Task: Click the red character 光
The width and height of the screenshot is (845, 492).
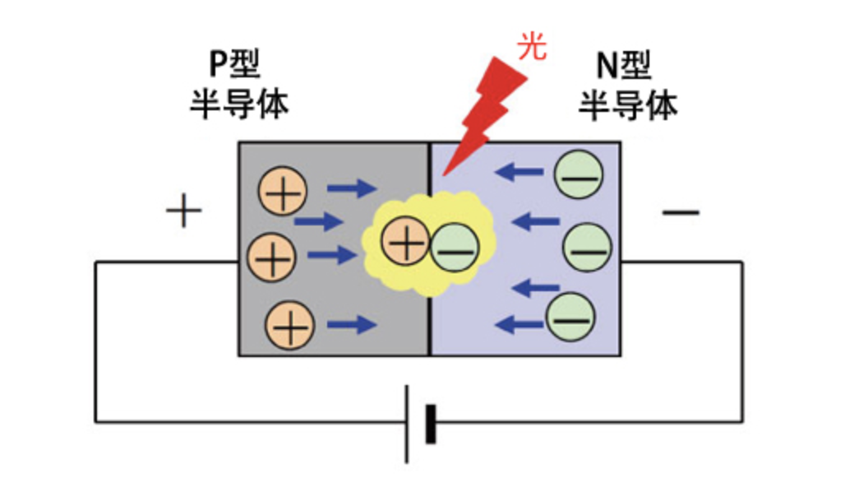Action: [532, 46]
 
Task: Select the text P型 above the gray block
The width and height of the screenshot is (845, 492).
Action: [234, 63]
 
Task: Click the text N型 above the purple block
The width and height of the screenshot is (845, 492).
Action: [624, 65]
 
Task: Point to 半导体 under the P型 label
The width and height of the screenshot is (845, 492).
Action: [239, 104]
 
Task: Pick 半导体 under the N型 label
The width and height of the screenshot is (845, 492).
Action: [628, 104]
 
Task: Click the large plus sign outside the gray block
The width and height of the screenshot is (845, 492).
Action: [184, 211]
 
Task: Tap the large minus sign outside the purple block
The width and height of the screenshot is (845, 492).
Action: [681, 212]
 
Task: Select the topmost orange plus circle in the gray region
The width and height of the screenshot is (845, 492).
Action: [283, 191]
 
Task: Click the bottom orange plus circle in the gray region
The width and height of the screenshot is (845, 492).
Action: [290, 325]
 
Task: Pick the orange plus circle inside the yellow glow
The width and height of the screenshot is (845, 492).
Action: [406, 240]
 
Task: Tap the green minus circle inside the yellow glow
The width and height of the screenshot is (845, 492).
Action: [455, 248]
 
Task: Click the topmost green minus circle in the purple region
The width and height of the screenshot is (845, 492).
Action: [579, 174]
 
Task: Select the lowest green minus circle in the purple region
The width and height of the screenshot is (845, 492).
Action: [570, 318]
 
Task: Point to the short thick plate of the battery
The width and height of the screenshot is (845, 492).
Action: [431, 424]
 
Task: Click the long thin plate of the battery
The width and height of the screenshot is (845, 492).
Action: [407, 424]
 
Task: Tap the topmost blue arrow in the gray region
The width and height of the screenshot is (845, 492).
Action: [352, 188]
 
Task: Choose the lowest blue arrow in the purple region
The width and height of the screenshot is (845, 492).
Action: [519, 324]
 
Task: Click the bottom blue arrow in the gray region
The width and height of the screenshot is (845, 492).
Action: [352, 324]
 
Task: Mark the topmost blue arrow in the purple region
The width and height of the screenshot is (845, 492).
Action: [519, 172]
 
